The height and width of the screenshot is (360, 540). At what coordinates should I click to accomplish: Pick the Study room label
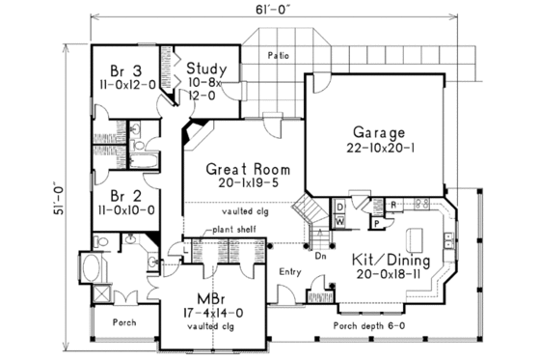(206, 69)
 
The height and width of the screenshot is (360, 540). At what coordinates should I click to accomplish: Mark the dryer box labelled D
(340, 207)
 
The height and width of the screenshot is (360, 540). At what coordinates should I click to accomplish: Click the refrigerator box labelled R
(394, 206)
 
